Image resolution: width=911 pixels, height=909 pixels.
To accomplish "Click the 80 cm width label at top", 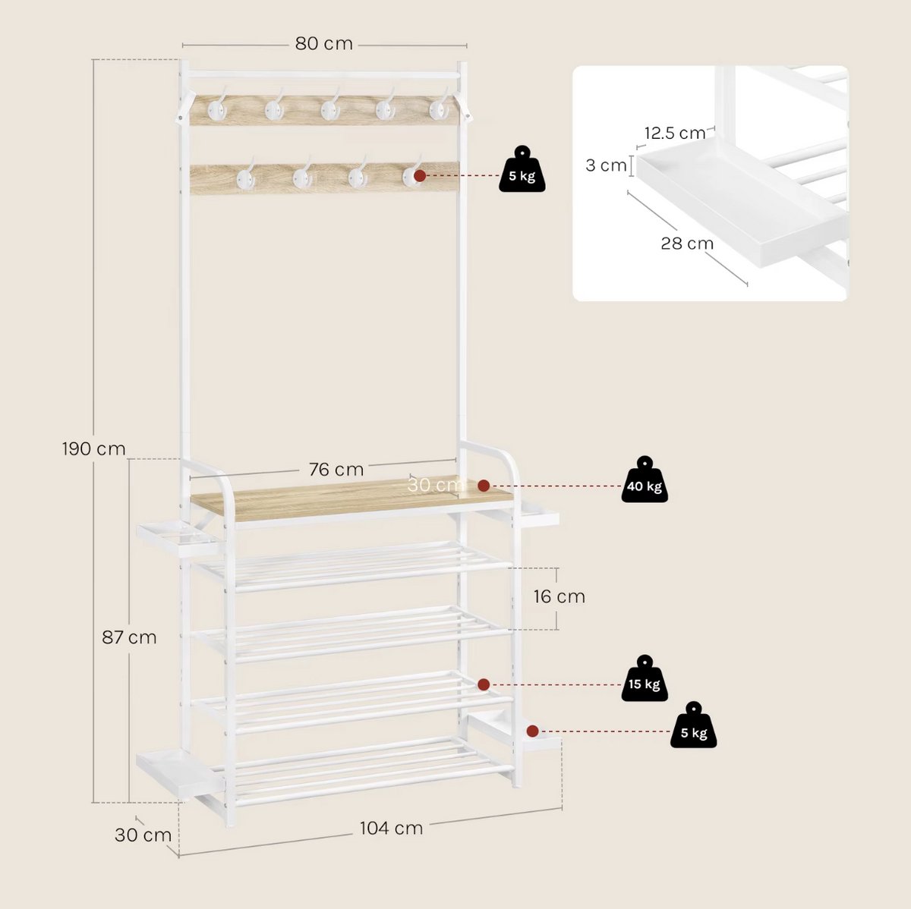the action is (x=324, y=43).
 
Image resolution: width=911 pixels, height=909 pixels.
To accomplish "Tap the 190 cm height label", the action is (x=93, y=448).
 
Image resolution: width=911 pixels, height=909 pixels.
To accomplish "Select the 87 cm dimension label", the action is (x=129, y=637).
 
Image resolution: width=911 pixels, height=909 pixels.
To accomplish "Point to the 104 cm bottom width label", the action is (x=391, y=828).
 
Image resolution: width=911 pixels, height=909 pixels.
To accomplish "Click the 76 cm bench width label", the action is (x=336, y=470).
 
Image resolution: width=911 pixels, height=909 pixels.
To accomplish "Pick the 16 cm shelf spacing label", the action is (x=560, y=596).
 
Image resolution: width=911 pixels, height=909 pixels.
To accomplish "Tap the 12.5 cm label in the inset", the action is (x=675, y=134).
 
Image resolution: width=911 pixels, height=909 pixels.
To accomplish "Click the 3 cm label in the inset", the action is (x=606, y=165).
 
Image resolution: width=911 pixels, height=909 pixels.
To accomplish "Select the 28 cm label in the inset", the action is (x=687, y=244).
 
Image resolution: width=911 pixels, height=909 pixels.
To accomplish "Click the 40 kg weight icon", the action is (x=645, y=480).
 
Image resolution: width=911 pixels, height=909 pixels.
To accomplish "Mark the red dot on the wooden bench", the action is (x=483, y=486).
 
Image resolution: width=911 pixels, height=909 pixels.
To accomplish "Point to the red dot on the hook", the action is (x=419, y=176).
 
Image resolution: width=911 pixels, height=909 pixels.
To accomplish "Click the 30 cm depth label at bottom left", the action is (x=143, y=835).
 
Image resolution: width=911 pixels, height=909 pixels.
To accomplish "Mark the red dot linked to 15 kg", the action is (x=483, y=684).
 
